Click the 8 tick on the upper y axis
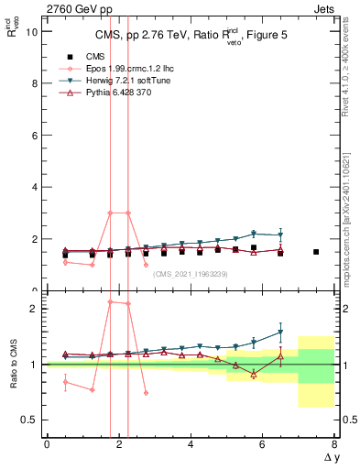[35, 83]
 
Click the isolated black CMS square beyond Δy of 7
[316, 252]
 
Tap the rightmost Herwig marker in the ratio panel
[280, 332]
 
